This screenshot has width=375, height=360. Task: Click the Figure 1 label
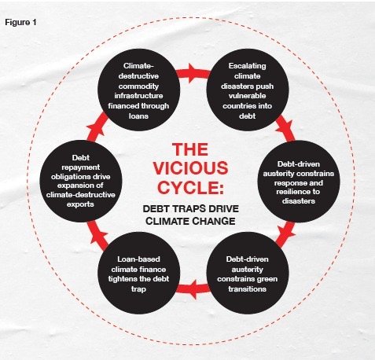[20, 22]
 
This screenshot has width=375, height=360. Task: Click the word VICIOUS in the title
[190, 168]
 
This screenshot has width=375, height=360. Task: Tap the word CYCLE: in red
[190, 187]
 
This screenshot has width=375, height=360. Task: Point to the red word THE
[190, 149]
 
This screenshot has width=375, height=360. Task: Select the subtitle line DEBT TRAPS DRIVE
[191, 209]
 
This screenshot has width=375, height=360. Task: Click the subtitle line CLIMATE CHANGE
[190, 221]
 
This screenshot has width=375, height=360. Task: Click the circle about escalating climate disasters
[248, 90]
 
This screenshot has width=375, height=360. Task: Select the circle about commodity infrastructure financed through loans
[138, 90]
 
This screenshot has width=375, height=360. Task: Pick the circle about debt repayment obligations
[81, 181]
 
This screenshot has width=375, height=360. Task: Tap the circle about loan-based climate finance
[138, 273]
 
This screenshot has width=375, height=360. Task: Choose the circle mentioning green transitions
[248, 273]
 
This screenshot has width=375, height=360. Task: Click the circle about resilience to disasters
[299, 182]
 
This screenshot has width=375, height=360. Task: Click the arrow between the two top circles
[193, 73]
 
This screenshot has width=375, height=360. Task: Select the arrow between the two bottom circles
[193, 289]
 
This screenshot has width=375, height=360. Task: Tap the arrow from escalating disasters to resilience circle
[285, 128]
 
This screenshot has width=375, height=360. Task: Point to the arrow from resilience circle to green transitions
[285, 234]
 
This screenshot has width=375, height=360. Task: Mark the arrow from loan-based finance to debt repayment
[97, 235]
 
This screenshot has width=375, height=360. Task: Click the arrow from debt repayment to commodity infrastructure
[97, 127]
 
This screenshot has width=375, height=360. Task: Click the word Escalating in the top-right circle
[247, 66]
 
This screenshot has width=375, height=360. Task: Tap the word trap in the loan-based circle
[138, 289]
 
